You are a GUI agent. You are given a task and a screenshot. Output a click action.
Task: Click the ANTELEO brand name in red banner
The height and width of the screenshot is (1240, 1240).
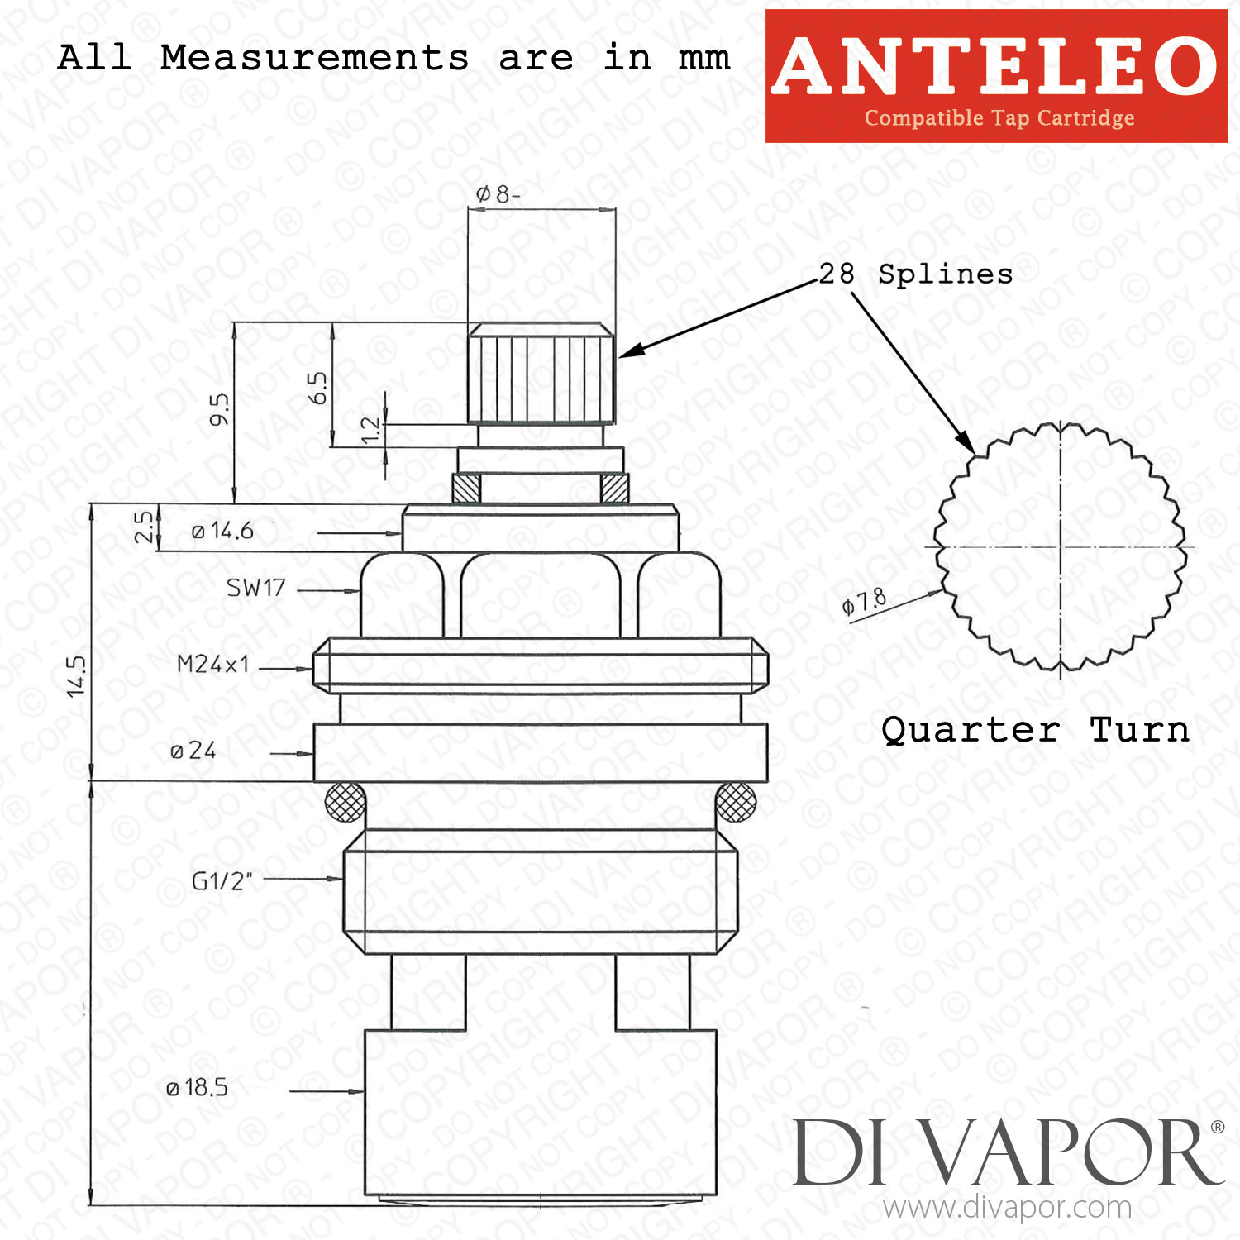coord(995,66)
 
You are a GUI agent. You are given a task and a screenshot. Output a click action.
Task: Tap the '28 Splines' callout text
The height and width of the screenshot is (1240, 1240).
coord(916,274)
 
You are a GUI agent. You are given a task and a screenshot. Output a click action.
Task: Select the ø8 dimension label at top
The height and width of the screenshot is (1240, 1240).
coord(498,194)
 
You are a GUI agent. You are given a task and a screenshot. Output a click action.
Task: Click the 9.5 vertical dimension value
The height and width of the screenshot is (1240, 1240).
coord(219,409)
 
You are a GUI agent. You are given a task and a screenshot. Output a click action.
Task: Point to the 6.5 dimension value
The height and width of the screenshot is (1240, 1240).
coord(317,388)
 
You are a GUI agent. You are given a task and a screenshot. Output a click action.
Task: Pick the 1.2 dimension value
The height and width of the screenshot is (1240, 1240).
coord(371,430)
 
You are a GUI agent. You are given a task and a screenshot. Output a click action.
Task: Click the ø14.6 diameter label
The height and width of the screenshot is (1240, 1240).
coord(222,531)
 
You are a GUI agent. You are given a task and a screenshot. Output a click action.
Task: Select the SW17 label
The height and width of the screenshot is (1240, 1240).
coord(256,588)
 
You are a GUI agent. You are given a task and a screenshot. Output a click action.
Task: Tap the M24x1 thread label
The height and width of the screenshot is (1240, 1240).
coord(213,664)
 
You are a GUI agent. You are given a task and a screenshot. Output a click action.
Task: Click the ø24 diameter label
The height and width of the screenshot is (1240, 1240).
coord(193,751)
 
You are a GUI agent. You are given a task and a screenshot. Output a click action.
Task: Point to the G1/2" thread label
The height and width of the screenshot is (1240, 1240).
coord(222,881)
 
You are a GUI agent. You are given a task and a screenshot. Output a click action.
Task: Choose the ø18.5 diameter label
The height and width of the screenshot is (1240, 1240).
coord(197,1087)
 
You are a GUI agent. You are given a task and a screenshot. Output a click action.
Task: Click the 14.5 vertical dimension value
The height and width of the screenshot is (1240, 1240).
coord(76,676)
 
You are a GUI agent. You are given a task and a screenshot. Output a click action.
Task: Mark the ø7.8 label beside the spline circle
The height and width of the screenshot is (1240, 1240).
coord(864,601)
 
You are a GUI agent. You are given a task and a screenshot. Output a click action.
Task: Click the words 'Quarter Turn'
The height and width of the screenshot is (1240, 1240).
coord(1036,730)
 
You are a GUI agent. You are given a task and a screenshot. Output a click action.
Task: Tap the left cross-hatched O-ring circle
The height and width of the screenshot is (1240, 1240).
coord(346,801)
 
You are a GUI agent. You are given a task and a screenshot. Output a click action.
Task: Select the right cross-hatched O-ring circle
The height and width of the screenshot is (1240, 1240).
coord(735,801)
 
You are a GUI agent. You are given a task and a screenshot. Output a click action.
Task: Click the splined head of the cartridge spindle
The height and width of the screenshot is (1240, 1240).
coord(541,374)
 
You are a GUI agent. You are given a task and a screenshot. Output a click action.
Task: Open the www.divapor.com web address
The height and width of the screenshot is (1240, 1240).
coord(1007,1208)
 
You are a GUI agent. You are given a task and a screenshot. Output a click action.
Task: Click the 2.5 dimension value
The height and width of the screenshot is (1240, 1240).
coord(144,527)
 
